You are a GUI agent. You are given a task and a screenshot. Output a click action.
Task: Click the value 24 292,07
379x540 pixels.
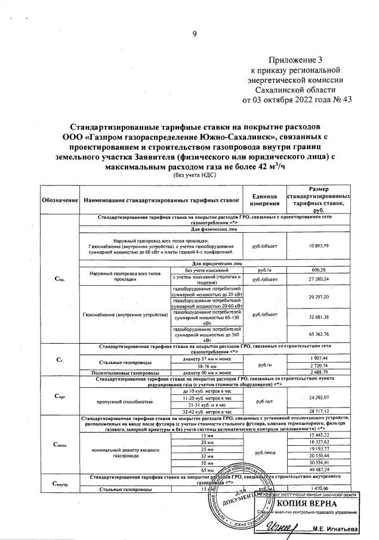319,397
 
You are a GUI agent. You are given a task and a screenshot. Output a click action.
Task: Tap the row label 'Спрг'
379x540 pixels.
60,396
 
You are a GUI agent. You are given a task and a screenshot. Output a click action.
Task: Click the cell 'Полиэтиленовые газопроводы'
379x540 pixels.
125,372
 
